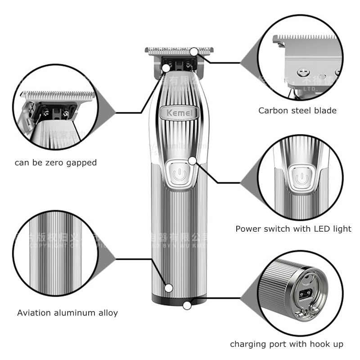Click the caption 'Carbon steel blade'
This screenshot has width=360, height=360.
(297, 110)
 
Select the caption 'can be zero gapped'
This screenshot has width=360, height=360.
(56, 162)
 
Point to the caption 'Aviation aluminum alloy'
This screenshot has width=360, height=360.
(67, 313)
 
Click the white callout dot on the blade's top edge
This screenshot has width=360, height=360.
(193, 52)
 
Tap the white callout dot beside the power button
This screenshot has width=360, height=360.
(193, 160)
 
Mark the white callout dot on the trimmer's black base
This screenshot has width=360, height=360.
(187, 305)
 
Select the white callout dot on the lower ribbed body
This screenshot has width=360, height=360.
(169, 288)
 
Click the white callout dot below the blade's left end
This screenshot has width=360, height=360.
(166, 68)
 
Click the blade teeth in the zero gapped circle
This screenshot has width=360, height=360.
(58, 95)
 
